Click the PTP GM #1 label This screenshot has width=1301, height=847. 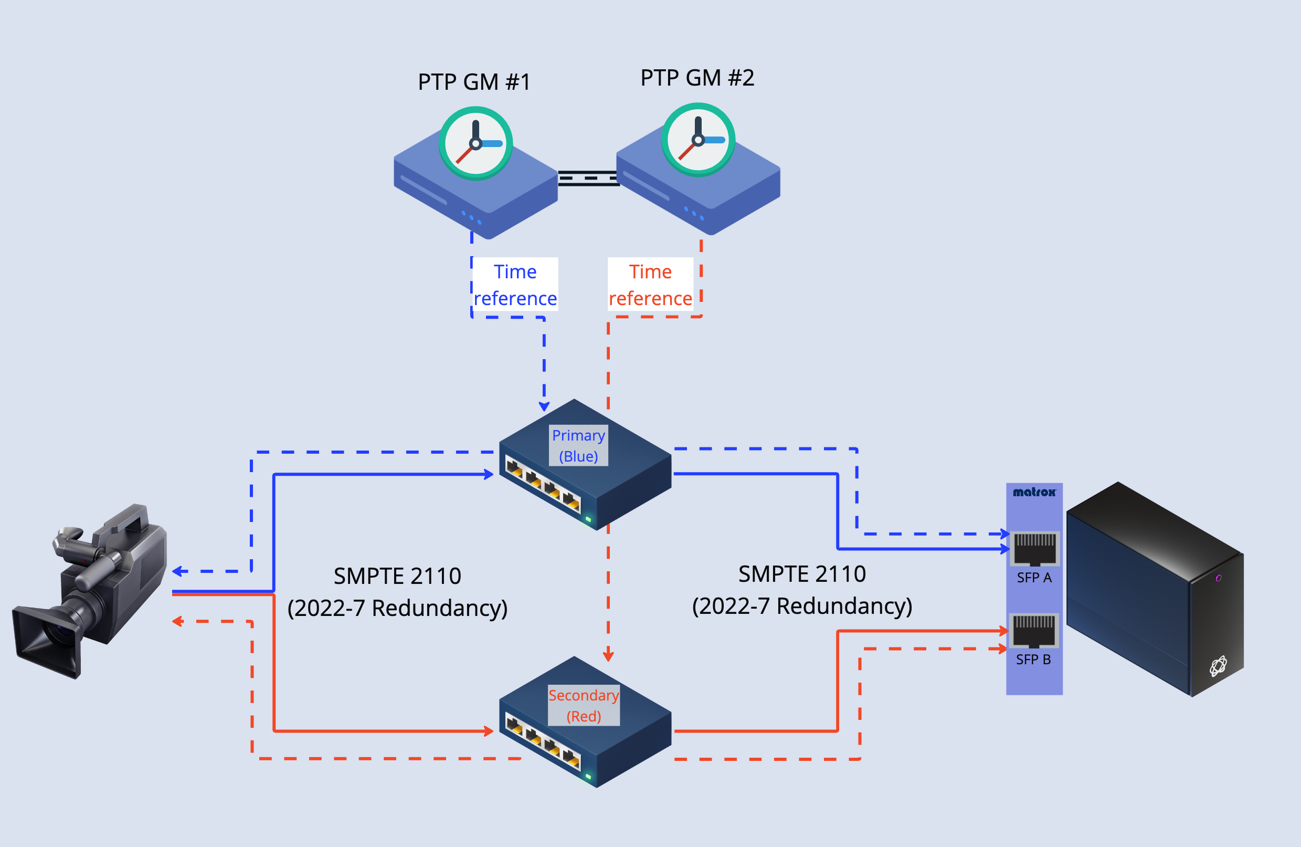pos(474,82)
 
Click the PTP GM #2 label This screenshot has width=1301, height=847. pos(697,78)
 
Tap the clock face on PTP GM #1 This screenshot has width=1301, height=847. pos(475,143)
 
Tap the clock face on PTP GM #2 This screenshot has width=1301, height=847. pos(698,140)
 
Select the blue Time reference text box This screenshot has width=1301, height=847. pos(515,284)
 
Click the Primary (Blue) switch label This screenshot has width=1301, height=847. pos(578,446)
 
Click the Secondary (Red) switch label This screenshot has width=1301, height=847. pos(583,705)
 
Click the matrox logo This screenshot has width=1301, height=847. pos(1034,492)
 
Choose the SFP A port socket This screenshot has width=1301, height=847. pos(1034,549)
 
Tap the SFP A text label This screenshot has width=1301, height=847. pos(1034,578)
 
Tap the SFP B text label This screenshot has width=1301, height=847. pos(1033,660)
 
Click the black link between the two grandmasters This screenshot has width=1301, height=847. pos(588,178)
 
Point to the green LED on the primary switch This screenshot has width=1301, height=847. pos(589,519)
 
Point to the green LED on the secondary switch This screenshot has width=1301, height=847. pos(589,776)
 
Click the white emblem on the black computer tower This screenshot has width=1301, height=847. pos(1218,666)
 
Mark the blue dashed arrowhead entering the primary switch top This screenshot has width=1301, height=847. pos(544,406)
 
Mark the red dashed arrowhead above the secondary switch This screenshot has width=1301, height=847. pos(608,656)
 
